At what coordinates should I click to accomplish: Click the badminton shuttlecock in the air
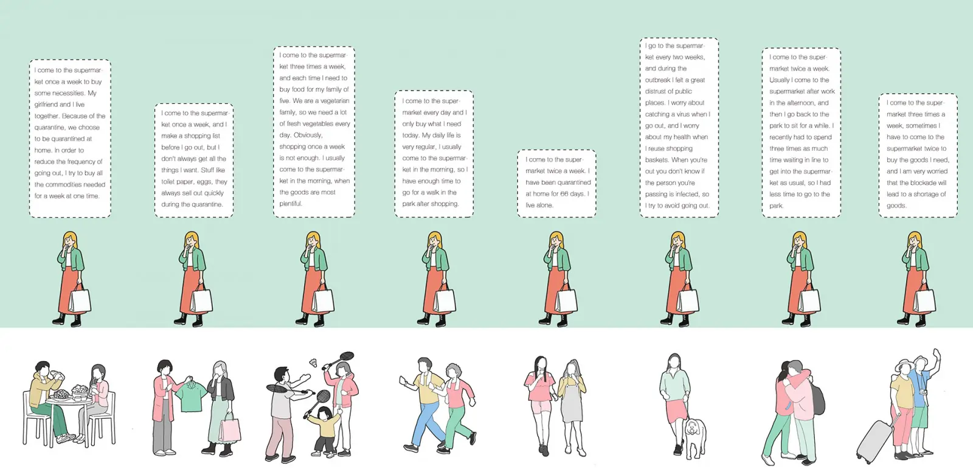click(313, 362)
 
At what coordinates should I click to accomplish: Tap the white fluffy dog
click(696, 437)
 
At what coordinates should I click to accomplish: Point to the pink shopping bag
click(229, 427)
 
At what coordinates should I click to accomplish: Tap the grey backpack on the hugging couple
click(818, 399)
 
